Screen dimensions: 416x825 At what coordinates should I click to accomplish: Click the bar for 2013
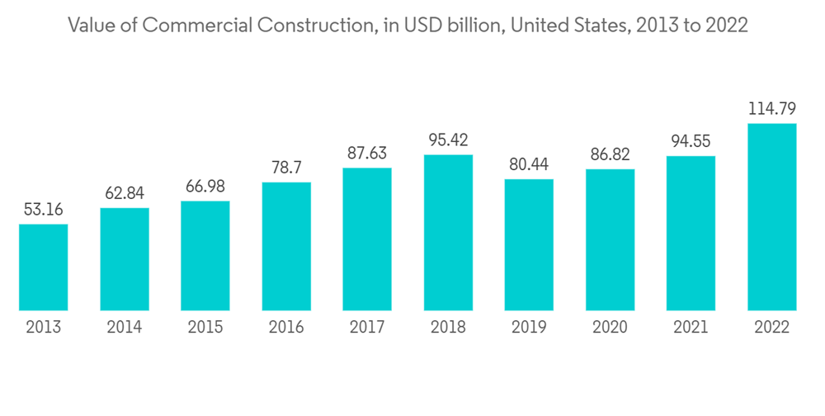point(44,267)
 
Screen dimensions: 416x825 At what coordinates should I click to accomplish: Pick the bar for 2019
point(529,245)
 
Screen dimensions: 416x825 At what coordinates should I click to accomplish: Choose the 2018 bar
point(448,233)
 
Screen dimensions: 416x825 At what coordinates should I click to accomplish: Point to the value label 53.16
point(44,209)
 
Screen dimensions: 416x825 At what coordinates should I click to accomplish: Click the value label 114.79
point(771,108)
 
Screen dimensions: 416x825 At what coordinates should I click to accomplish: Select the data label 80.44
point(529,164)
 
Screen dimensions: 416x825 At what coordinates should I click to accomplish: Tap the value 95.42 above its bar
point(448,139)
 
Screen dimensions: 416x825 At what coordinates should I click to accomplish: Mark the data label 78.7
point(286,168)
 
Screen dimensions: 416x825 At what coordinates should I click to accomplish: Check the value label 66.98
point(205,186)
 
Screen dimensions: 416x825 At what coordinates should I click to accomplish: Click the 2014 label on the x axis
point(125,328)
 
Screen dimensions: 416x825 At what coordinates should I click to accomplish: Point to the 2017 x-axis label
point(367,328)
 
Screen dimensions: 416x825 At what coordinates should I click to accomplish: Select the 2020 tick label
point(610,328)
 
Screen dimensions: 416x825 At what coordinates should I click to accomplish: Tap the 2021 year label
point(691,328)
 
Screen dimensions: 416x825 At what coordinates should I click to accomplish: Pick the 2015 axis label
point(205,328)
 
